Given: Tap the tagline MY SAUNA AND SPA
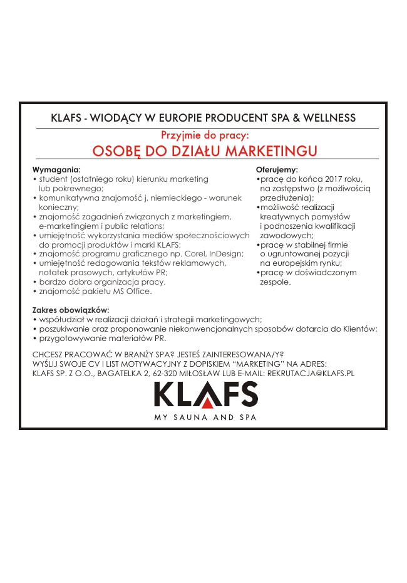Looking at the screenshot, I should tap(205, 418).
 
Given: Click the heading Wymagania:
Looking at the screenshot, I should tap(56, 170).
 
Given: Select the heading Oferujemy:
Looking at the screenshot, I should tap(277, 170).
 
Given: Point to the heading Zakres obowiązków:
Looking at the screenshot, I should tap(71, 310).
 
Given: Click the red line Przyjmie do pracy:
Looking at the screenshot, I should tap(205, 135).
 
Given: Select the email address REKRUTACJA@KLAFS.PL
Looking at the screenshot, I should tap(311, 373).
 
